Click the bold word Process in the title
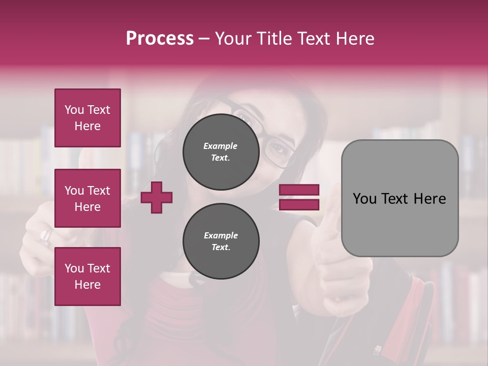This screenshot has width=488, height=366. [160, 39]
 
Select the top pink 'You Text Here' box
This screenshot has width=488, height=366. [87, 118]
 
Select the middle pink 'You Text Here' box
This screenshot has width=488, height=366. [87, 198]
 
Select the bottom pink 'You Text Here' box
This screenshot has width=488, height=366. [87, 277]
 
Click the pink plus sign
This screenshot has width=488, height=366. [157, 197]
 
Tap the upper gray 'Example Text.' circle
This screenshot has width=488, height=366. [221, 152]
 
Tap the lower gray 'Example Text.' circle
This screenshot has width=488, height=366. [221, 241]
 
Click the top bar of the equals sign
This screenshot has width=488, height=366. [299, 190]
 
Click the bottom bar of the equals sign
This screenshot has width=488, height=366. [299, 205]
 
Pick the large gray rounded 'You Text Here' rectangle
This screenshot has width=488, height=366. [400, 198]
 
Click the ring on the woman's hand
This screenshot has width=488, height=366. [46, 235]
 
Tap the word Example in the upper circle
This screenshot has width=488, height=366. [220, 146]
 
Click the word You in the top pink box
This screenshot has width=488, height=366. [74, 110]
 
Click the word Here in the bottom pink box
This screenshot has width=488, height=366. [87, 285]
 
